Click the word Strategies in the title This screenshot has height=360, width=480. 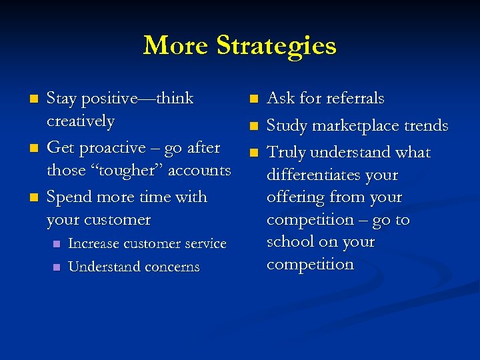click(276, 47)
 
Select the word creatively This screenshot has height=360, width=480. click(81, 121)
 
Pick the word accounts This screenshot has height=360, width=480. click(199, 171)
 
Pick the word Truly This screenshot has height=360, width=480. click(285, 153)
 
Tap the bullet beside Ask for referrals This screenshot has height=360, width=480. click(252, 99)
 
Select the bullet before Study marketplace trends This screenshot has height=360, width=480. click(252, 126)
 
